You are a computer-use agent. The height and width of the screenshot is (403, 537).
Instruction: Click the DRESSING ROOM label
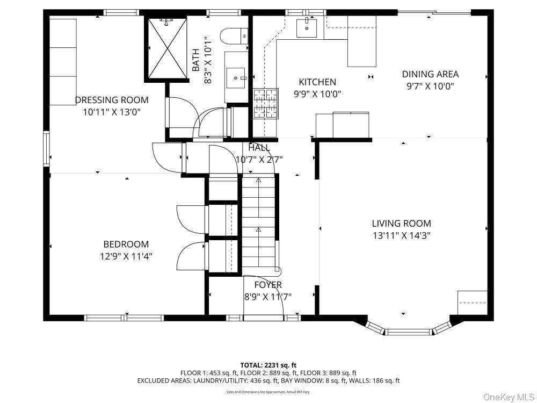(x=112, y=100)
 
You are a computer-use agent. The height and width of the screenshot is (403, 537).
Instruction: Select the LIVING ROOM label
(x=401, y=224)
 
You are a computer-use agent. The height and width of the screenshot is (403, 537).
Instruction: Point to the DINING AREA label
(x=430, y=74)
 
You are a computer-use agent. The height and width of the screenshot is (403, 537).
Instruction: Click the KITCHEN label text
(x=317, y=82)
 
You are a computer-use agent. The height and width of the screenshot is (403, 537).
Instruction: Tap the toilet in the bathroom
(x=235, y=36)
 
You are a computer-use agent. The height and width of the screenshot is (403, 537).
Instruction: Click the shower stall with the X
(x=166, y=48)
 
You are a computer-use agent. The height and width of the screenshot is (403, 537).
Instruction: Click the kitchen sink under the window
(x=307, y=27)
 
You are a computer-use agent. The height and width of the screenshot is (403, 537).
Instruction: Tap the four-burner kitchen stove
(x=266, y=103)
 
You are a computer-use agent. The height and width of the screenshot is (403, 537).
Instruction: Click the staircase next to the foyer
(x=258, y=223)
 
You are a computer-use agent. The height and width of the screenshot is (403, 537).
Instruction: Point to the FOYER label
(x=268, y=285)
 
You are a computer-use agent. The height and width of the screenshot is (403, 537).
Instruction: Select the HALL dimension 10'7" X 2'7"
(x=259, y=159)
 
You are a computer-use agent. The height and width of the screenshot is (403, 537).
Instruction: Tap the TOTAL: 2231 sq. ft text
(x=267, y=365)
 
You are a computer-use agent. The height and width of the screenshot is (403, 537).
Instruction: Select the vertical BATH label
(x=196, y=60)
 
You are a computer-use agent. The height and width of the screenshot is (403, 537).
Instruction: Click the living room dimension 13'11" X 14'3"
(x=401, y=235)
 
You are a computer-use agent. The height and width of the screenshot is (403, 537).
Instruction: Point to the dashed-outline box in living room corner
(x=472, y=303)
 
